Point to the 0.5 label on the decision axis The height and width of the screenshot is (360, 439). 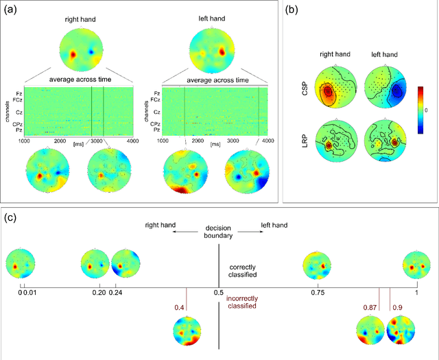point(219,291)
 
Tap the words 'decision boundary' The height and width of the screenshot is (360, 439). point(219,232)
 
